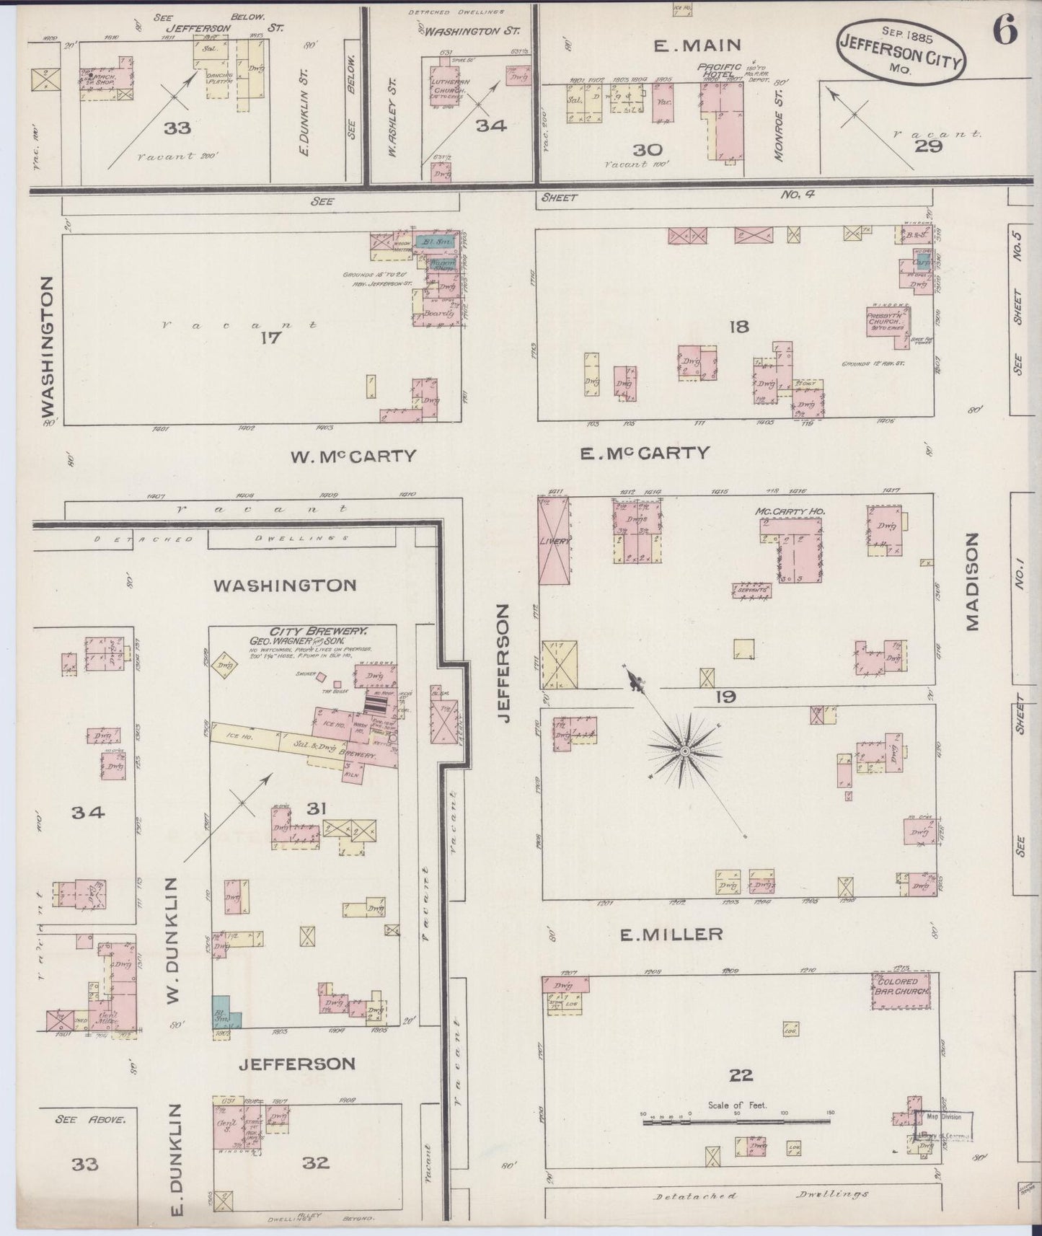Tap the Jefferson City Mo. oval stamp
(900, 51)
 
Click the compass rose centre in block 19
(683, 751)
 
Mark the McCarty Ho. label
(790, 511)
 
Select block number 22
(741, 1076)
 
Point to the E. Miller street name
(671, 935)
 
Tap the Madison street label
(973, 582)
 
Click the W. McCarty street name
(353, 456)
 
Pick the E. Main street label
(697, 45)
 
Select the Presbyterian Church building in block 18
(888, 322)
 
